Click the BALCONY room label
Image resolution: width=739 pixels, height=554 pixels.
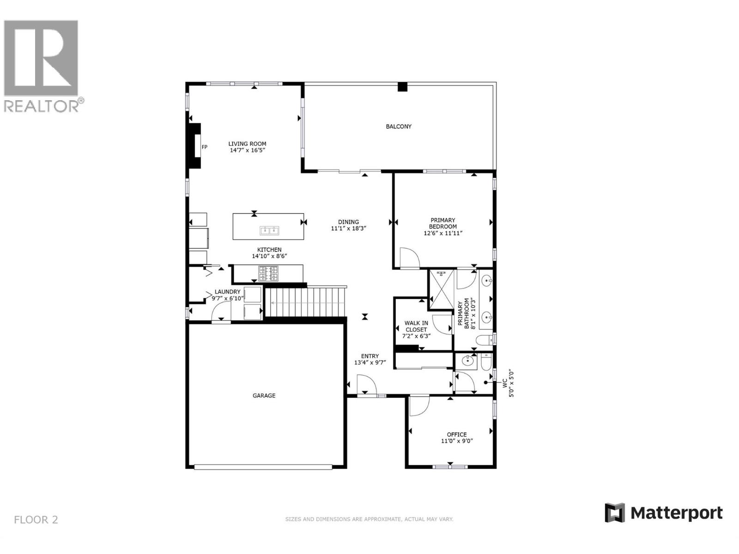coord(398,126)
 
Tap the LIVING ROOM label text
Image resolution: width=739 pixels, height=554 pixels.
coord(247,144)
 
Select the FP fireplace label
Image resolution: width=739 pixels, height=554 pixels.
coord(204,147)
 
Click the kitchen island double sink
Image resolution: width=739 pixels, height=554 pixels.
coord(269,230)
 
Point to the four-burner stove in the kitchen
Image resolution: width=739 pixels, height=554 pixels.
coord(268,273)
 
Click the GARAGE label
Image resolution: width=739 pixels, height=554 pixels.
coord(264,396)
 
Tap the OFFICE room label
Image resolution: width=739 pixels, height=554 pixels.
coord(456,434)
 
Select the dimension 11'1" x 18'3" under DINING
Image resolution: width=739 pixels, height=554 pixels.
coord(348,229)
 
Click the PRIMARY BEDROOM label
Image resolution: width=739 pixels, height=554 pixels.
coord(443,223)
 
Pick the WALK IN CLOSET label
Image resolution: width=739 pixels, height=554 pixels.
coord(416,326)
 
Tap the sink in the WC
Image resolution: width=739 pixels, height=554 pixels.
coord(466,361)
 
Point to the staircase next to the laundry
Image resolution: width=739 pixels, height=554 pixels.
coord(305,302)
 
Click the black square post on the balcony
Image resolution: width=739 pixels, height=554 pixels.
coord(402,87)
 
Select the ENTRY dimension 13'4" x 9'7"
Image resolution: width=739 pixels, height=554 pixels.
coord(370,362)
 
